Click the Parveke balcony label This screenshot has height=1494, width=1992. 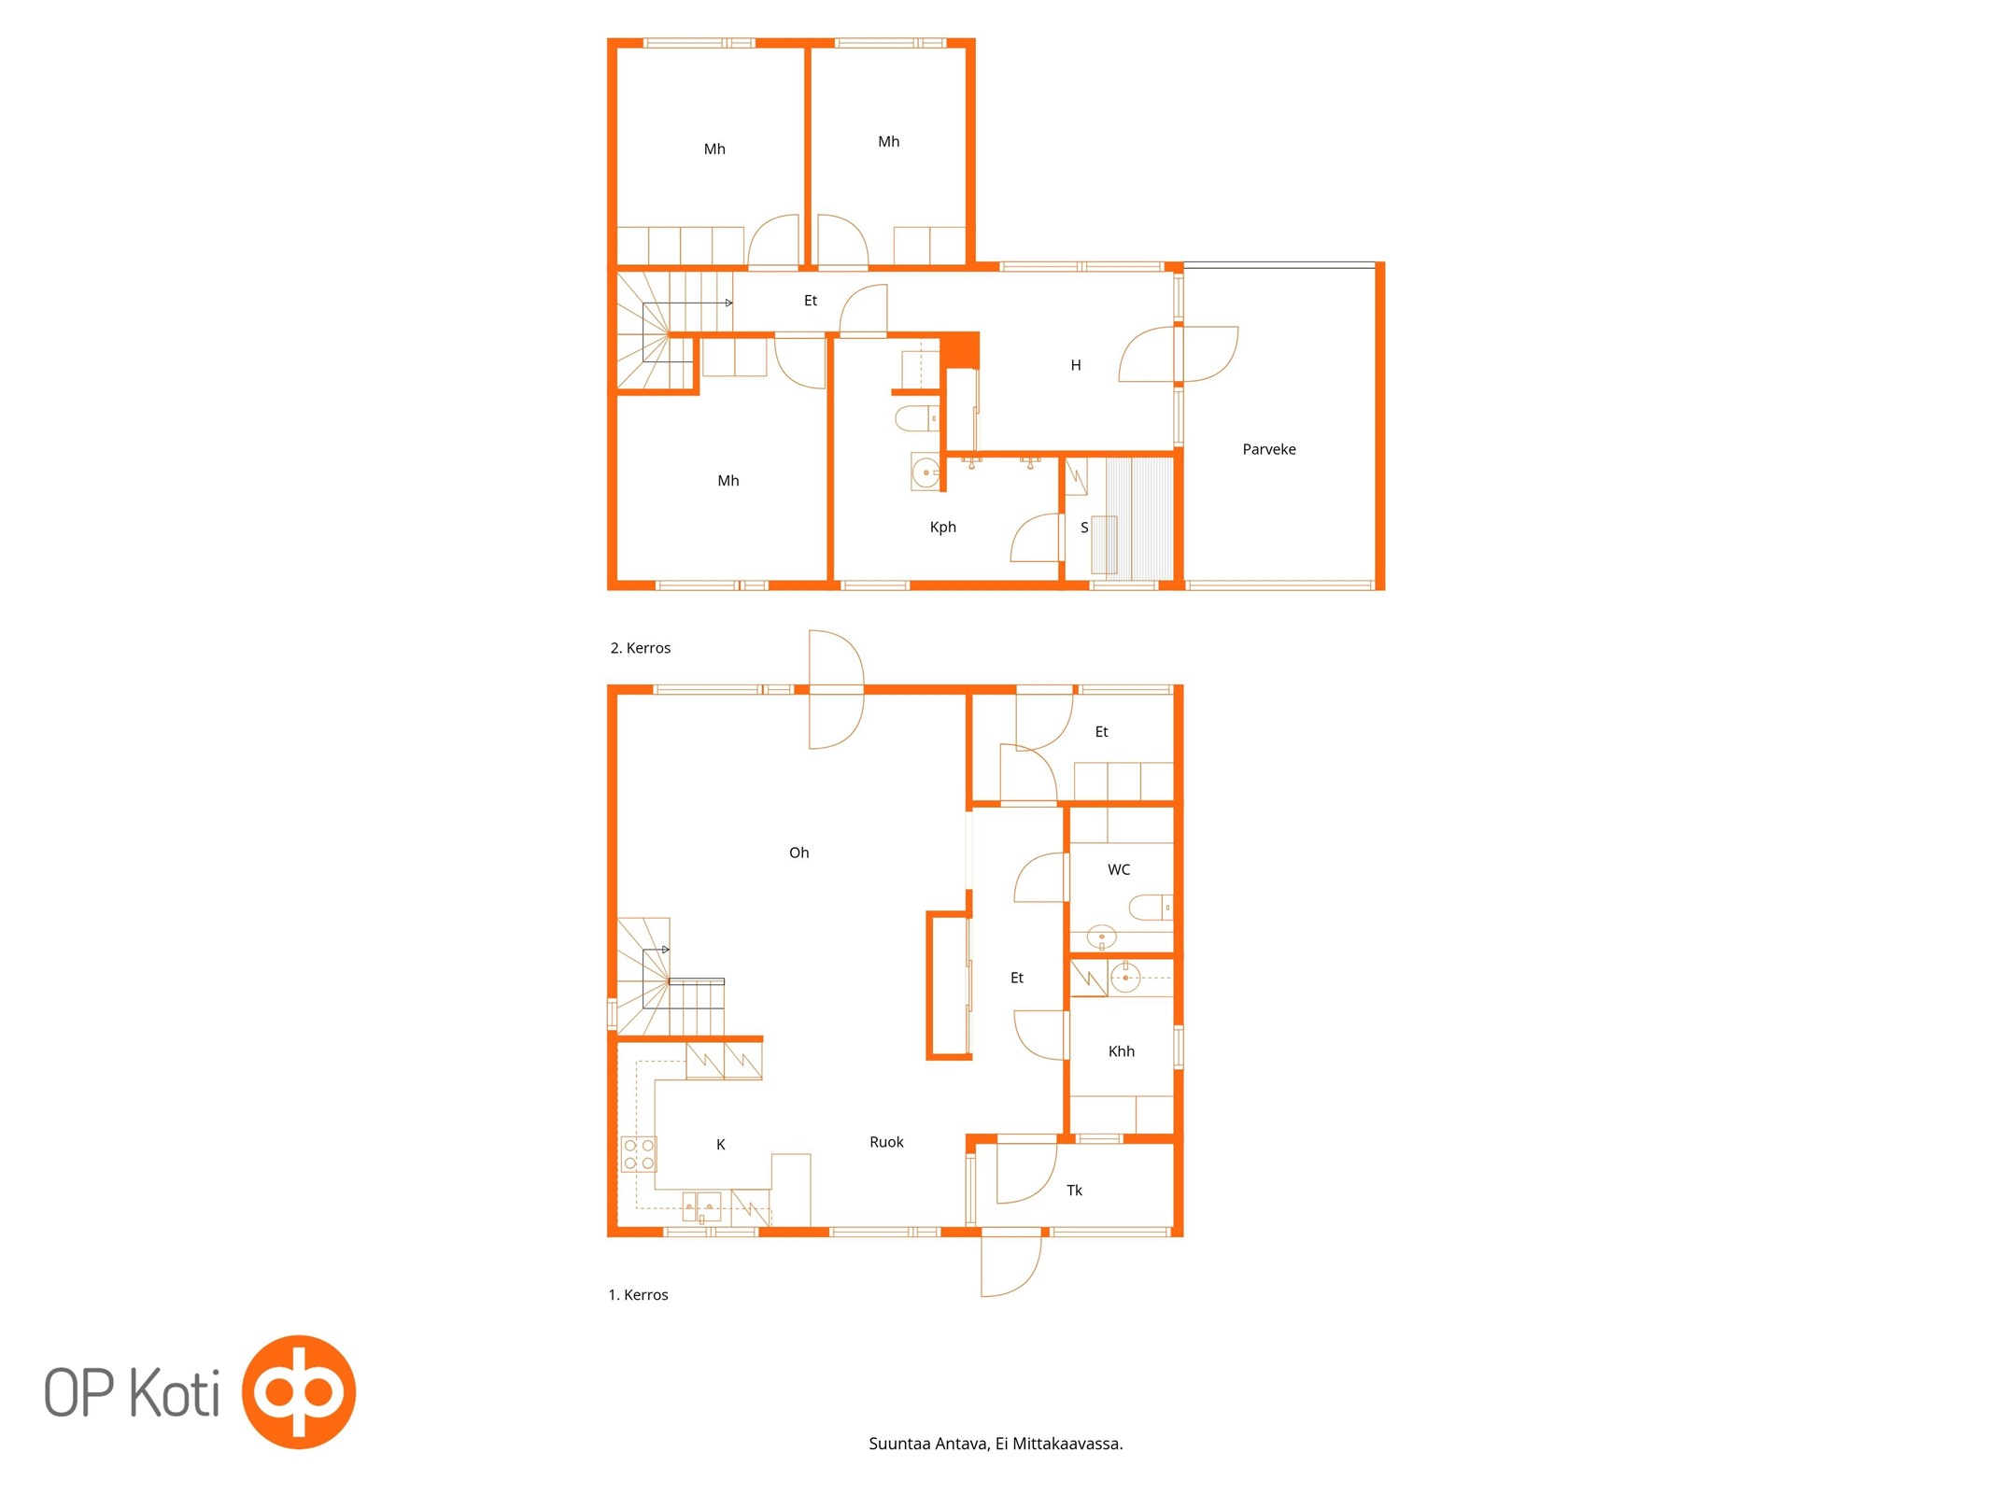click(x=1268, y=449)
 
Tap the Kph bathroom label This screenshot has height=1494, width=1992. click(x=942, y=528)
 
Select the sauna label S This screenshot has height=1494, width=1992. click(x=1083, y=528)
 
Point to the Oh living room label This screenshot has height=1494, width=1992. click(x=798, y=853)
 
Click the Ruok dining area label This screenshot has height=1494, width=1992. click(x=886, y=1142)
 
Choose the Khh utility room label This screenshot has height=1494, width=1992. click(x=1121, y=1051)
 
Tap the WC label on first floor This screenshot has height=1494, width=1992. click(x=1118, y=869)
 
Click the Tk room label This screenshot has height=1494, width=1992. click(x=1074, y=1191)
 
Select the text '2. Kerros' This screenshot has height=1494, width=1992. click(x=640, y=648)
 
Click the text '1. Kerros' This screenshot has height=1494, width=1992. click(x=638, y=1295)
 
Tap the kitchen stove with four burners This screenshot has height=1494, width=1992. click(x=639, y=1154)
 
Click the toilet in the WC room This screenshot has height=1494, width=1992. click(x=1151, y=907)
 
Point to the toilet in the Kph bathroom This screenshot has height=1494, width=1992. click(x=917, y=417)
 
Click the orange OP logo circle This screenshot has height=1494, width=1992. click(x=298, y=1392)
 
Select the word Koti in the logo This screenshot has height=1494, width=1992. click(x=174, y=1392)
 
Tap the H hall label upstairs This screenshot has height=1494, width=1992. click(x=1075, y=365)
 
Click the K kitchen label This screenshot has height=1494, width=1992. click(x=720, y=1145)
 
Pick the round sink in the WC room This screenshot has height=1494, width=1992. click(x=1101, y=937)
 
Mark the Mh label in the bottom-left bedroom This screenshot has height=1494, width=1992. click(x=728, y=481)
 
